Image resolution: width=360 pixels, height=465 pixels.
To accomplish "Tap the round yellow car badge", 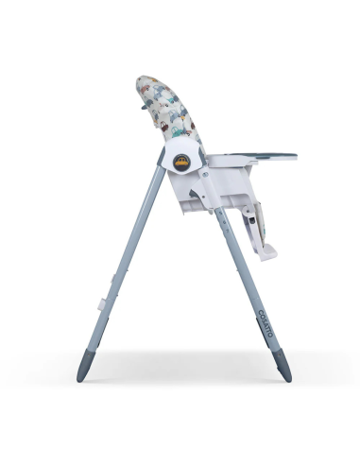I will pos(185,160).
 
